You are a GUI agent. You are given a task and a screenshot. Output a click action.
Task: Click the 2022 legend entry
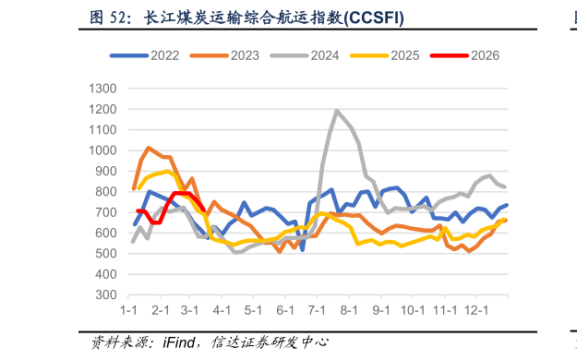145,55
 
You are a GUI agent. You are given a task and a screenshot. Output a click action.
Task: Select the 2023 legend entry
224,55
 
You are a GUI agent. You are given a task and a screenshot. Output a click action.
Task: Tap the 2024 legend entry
305,55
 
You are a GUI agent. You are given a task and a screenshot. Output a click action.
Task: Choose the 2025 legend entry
385,55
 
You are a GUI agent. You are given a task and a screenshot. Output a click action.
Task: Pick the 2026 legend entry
464,55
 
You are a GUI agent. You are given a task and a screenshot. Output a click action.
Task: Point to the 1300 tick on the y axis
102,89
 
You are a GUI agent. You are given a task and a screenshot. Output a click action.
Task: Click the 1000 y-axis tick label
102,150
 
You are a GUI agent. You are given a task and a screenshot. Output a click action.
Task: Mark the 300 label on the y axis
106,294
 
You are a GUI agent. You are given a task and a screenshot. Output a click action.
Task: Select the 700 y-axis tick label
106,212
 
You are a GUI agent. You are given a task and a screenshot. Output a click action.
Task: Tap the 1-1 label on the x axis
128,310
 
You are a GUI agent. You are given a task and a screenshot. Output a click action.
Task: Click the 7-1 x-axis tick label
317,310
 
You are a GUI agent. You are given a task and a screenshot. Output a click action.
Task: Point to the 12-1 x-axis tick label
476,310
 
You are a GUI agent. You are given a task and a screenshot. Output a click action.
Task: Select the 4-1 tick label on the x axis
222,310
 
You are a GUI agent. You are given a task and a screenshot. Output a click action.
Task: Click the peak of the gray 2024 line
336,110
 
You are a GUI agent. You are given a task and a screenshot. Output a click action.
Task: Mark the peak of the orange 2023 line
149,148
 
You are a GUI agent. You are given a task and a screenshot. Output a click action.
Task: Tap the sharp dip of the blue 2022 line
302,250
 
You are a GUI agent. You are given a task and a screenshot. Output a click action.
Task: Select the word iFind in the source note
179,342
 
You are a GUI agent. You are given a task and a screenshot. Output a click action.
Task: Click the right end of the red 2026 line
203,210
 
